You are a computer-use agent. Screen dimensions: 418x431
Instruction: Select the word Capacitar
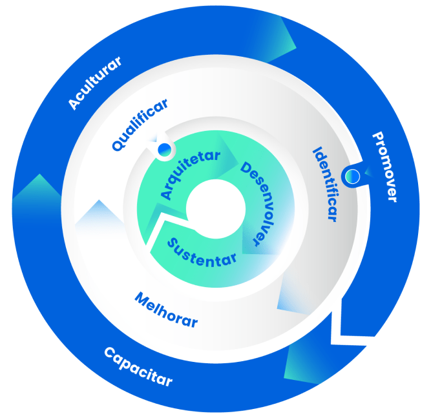138,367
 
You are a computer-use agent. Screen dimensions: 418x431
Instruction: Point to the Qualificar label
140,124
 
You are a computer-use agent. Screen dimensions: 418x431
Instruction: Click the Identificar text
324,184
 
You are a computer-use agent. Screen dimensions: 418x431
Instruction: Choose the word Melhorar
166,310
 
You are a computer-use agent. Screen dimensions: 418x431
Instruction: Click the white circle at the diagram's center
215,210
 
